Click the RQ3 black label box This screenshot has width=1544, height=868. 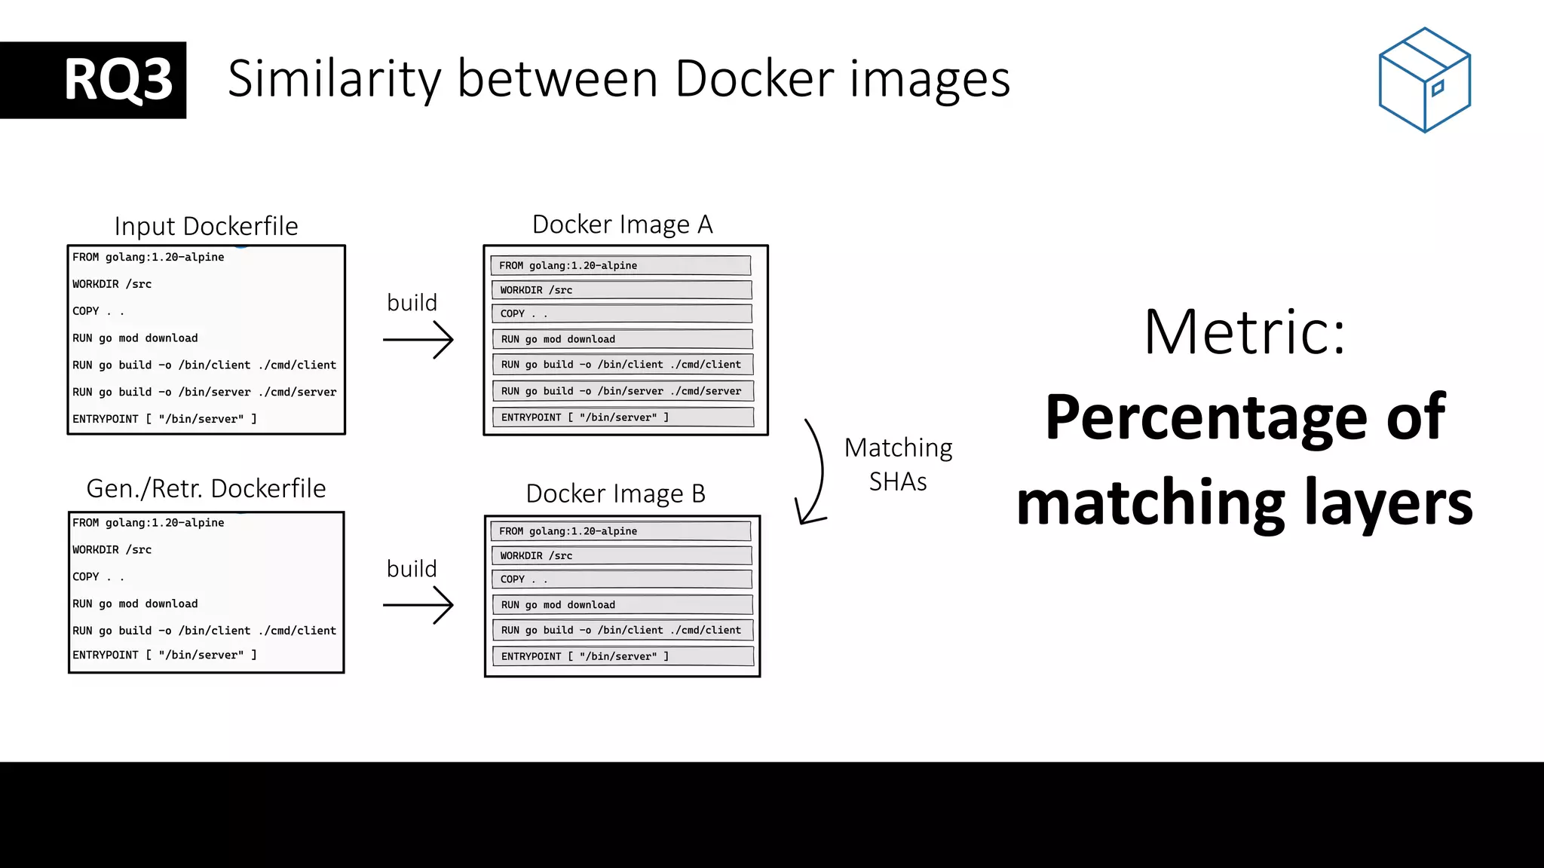pyautogui.click(x=93, y=80)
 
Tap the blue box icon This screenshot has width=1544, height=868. pyautogui.click(x=1424, y=80)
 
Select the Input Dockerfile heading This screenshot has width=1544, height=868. pyautogui.click(x=206, y=226)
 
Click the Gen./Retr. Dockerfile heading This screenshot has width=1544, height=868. pyautogui.click(x=206, y=488)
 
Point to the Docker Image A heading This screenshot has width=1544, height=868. pyautogui.click(x=622, y=225)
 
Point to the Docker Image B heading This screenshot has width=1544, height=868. pyautogui.click(x=615, y=494)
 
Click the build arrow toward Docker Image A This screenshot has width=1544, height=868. pyautogui.click(x=418, y=340)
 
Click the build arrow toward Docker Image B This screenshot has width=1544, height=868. pyautogui.click(x=418, y=605)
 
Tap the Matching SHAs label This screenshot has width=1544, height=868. pyautogui.click(x=898, y=464)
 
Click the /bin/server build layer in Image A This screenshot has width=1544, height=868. pyautogui.click(x=622, y=391)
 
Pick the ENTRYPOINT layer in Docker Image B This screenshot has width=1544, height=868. pyautogui.click(x=622, y=656)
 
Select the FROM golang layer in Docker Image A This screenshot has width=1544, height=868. pyautogui.click(x=620, y=265)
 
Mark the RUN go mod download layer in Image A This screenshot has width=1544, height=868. pyautogui.click(x=622, y=339)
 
